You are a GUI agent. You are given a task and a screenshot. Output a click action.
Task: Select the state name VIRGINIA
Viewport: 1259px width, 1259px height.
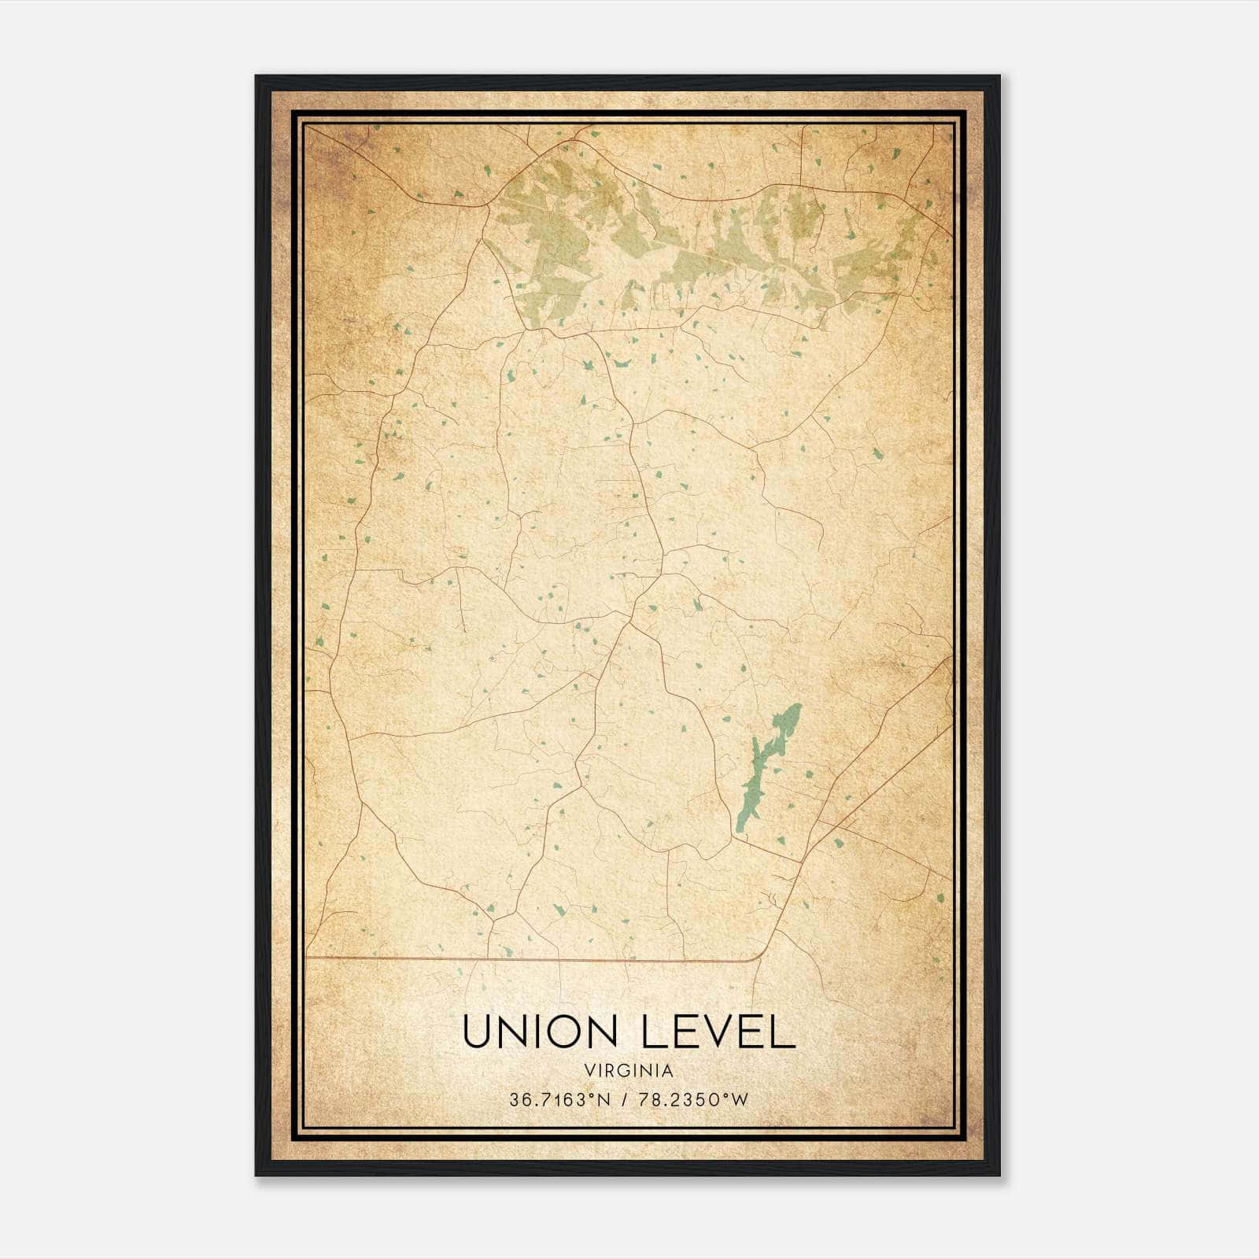pos(629,1071)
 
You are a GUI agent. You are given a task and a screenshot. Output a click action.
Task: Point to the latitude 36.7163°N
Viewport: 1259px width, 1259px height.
pos(559,1100)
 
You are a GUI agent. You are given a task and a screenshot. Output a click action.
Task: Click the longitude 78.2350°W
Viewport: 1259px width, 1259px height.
pos(692,1100)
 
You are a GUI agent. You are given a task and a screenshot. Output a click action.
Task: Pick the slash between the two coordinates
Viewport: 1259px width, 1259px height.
pos(622,1100)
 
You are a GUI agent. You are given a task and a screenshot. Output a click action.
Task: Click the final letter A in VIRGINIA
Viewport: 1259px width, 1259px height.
pos(668,1071)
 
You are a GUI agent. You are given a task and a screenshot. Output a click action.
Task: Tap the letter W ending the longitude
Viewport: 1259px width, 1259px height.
pos(740,1100)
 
